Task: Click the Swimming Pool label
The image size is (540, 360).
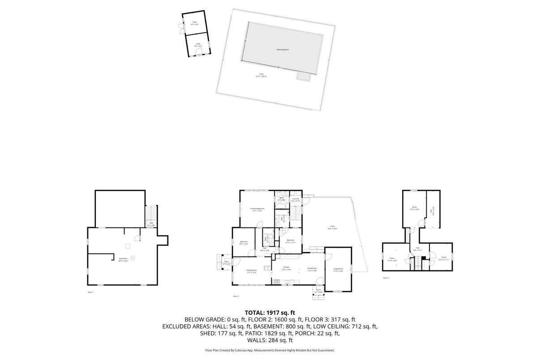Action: [282, 50]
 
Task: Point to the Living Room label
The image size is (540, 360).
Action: [338, 270]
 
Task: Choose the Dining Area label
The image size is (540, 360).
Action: [312, 270]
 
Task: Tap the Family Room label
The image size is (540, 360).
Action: [251, 271]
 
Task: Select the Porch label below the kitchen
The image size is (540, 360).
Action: [318, 290]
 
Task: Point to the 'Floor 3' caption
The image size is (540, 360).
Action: [386, 278]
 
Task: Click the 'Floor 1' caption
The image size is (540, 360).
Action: [90, 292]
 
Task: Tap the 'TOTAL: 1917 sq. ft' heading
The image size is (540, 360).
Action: [270, 313]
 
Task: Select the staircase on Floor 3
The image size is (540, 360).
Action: [418, 263]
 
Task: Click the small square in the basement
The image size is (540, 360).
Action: [128, 245]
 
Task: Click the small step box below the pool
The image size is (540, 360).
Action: [303, 77]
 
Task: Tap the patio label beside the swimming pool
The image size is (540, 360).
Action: [261, 75]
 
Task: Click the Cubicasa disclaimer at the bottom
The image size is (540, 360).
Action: [270, 351]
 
